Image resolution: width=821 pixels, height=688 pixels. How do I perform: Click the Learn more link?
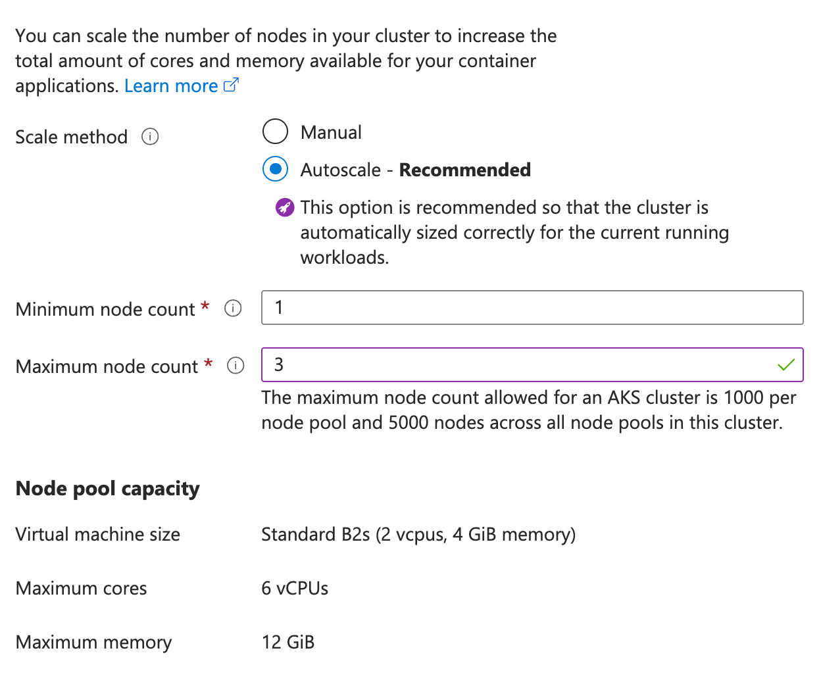point(171,86)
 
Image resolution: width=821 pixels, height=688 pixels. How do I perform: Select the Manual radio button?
point(275,132)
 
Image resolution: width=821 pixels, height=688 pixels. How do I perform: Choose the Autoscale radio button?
point(275,169)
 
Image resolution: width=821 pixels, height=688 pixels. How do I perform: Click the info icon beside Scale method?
point(150,137)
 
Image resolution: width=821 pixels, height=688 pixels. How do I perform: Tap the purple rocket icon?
point(285,208)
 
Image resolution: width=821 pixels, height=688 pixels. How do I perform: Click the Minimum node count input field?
point(532,307)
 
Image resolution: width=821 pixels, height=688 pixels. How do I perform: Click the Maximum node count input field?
point(513,364)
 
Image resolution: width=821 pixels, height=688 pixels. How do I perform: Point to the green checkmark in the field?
point(786,364)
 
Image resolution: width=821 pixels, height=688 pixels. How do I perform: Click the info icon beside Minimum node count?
point(233,308)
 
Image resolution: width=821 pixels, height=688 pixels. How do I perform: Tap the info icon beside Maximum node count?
point(236,366)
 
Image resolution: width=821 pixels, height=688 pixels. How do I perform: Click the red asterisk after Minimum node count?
point(205,307)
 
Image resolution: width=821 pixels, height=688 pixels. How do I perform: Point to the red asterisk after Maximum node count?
point(208,364)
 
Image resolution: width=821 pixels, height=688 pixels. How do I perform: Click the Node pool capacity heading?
point(107,489)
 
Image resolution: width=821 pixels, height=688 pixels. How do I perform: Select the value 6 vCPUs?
point(295,588)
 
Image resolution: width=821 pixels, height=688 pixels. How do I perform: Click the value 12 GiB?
point(288,642)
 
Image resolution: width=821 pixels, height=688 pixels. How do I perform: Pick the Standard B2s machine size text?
point(418,534)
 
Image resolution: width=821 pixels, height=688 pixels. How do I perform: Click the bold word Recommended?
point(464,170)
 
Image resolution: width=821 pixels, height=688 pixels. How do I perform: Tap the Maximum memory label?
point(93,642)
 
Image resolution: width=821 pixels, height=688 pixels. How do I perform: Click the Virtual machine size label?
point(97,534)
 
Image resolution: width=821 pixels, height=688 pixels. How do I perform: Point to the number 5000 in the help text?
point(409,422)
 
